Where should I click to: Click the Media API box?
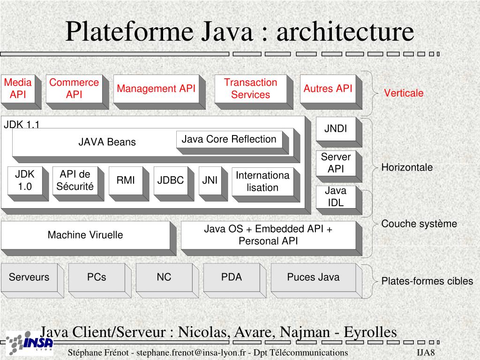[21, 92]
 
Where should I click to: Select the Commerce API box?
[77, 92]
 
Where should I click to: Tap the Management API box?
[159, 92]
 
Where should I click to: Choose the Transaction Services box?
[254, 92]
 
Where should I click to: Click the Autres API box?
[331, 92]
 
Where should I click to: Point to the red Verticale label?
[404, 93]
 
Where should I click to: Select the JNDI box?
[339, 132]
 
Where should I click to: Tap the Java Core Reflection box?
[232, 142]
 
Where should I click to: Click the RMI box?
[128, 184]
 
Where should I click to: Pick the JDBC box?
[173, 184]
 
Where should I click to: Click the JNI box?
[213, 184]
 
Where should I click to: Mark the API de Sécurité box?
[78, 184]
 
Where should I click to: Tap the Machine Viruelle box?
[89, 238]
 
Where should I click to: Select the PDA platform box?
[235, 280]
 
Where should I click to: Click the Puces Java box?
[316, 280]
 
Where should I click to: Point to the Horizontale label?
[407, 167]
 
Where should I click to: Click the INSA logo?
[30, 343]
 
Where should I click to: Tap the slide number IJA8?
[426, 352]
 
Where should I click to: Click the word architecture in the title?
[345, 31]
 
